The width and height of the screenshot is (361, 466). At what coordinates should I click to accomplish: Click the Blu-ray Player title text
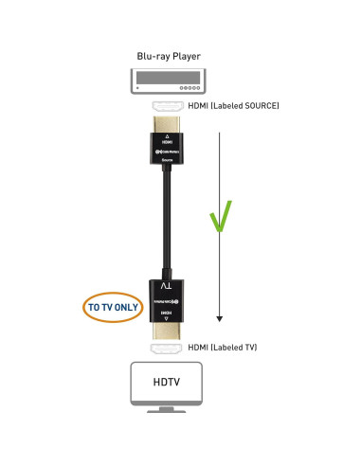[x=172, y=56]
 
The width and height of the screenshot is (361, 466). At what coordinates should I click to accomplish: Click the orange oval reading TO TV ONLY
[x=111, y=308]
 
